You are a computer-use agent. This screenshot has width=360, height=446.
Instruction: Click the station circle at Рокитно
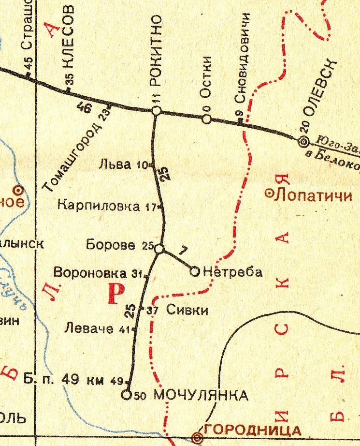(156, 111)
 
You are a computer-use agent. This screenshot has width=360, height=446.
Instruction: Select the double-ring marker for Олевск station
(303, 141)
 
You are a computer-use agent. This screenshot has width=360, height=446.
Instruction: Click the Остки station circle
(207, 119)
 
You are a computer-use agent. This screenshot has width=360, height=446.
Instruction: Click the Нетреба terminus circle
(195, 272)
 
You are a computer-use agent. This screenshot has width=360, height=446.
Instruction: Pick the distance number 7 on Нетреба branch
(182, 252)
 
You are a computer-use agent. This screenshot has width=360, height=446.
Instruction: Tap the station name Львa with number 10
(115, 165)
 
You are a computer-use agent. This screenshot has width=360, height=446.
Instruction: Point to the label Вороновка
(92, 273)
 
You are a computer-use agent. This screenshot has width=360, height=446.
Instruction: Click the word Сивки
(187, 310)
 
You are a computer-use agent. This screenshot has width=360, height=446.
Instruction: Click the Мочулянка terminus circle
(127, 395)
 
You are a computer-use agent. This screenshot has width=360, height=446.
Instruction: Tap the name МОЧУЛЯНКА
(201, 395)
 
